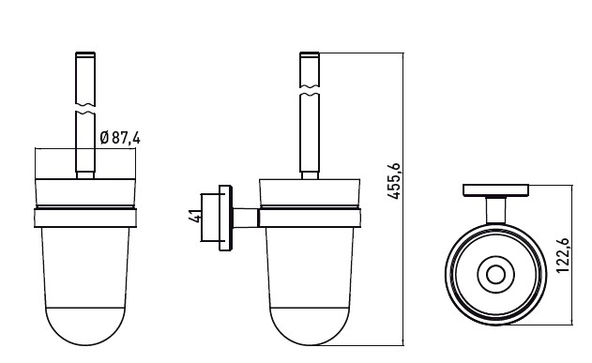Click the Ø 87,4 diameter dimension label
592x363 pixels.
(120, 138)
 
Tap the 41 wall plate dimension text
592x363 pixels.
(195, 216)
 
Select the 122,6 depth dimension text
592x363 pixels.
(563, 255)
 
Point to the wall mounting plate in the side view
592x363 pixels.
(225, 218)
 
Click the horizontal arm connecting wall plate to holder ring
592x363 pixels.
(246, 218)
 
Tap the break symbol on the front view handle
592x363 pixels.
(85, 108)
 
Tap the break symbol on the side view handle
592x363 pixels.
(310, 90)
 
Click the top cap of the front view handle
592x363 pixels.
(85, 54)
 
